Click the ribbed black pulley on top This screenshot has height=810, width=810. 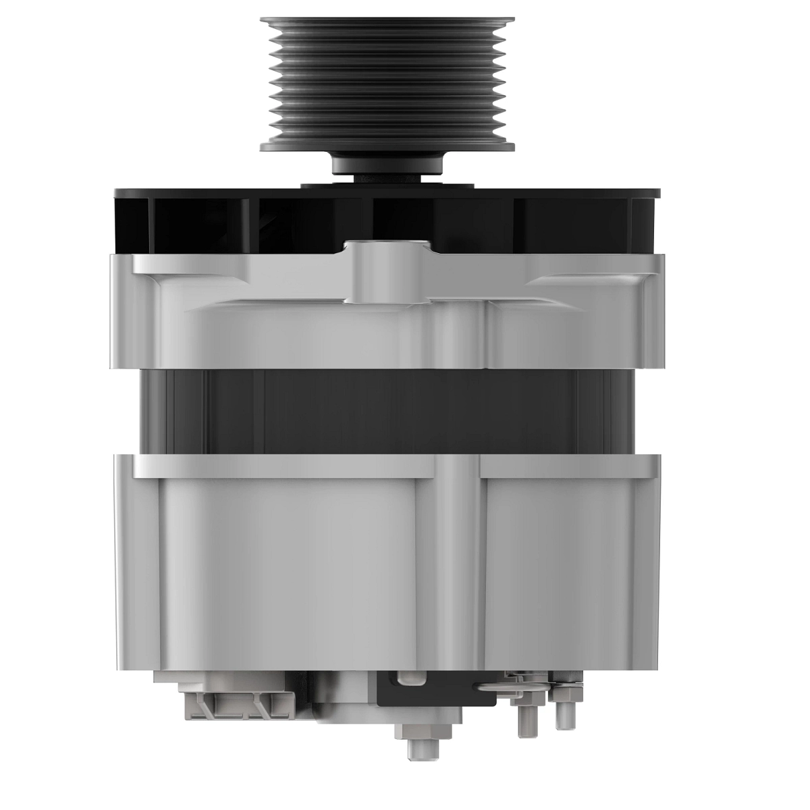coord(387,81)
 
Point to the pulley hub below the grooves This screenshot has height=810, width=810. coord(387,165)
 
